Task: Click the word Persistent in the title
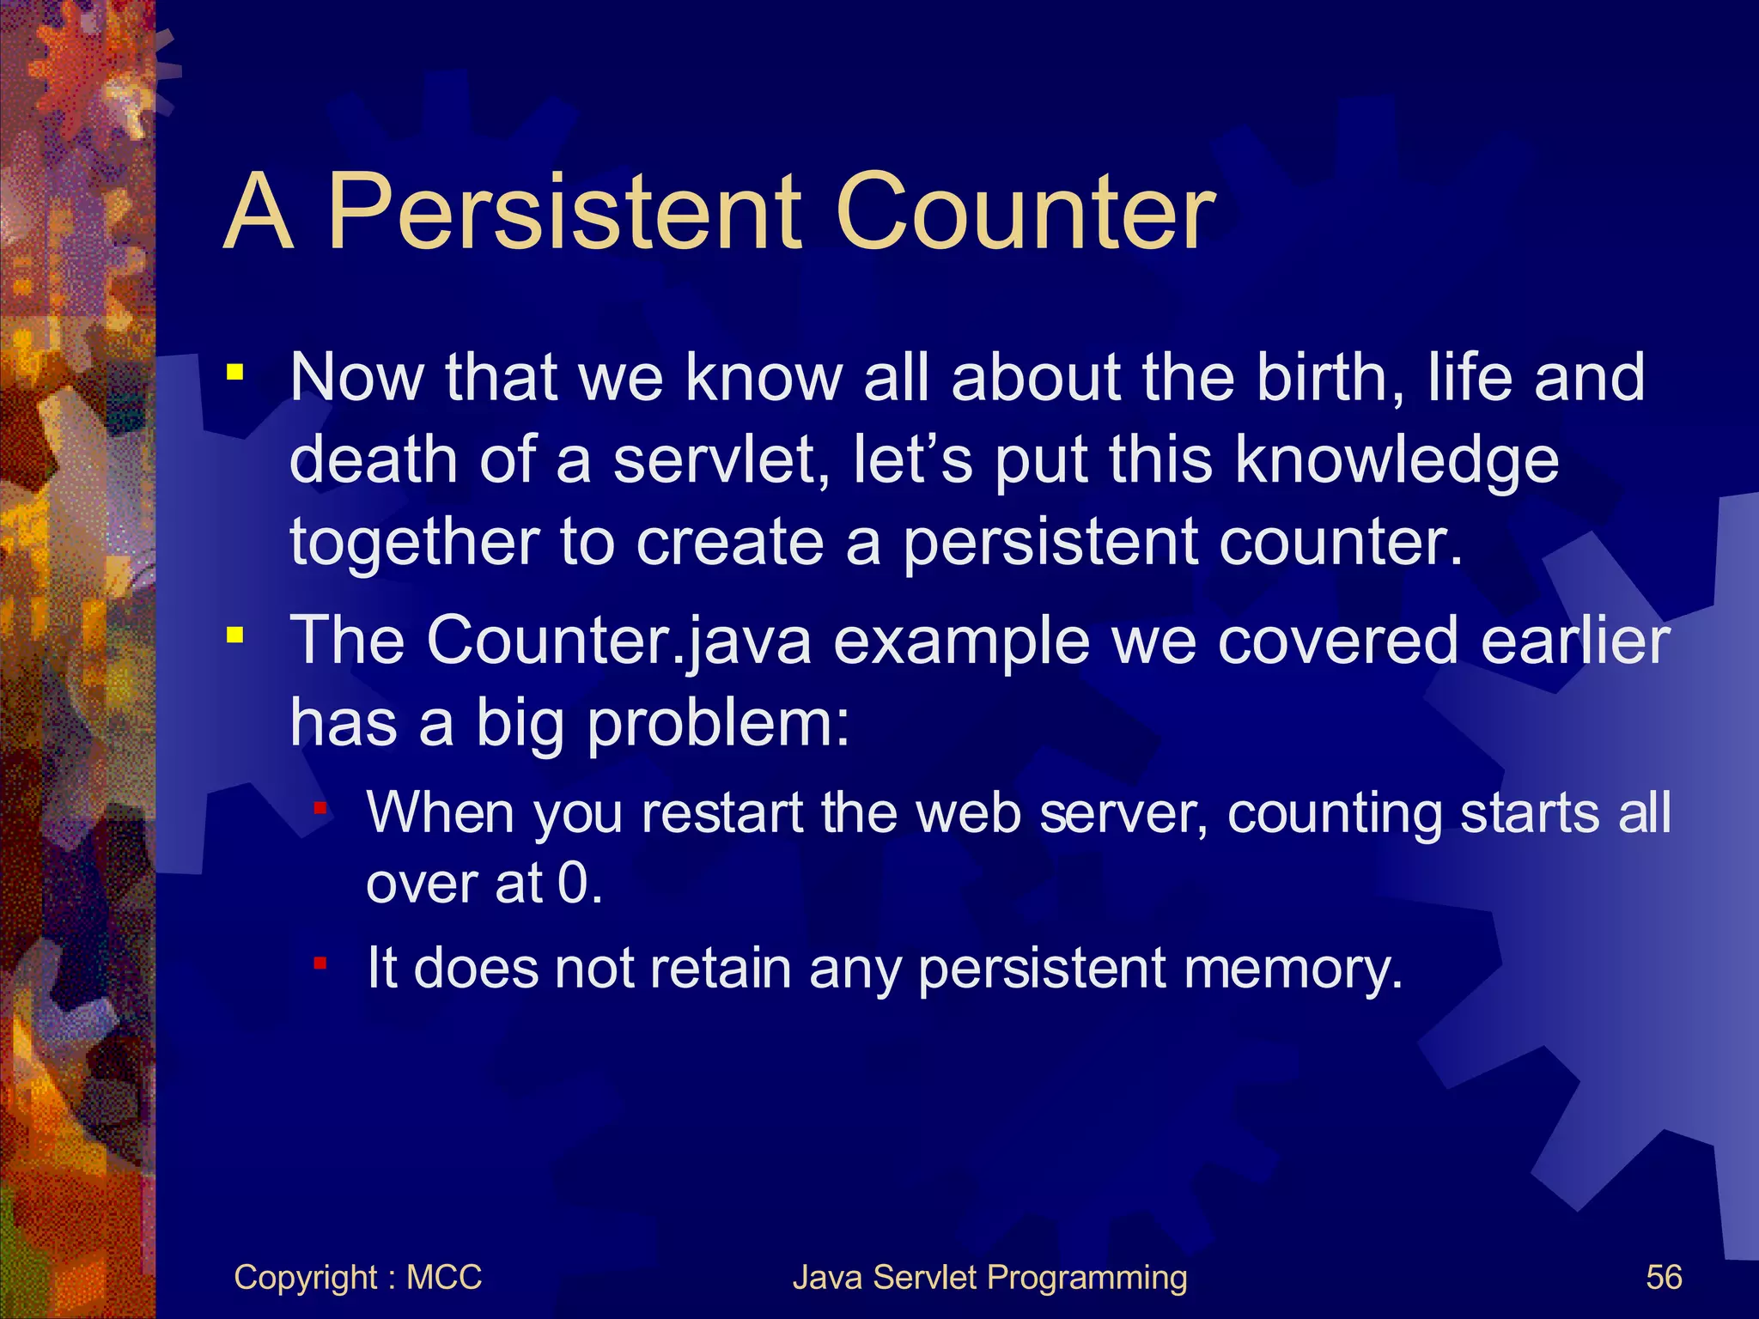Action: click(563, 212)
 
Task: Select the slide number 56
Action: click(1663, 1278)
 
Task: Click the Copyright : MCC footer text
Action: click(357, 1278)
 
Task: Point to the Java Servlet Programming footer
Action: click(989, 1278)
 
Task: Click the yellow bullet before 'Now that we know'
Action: click(234, 374)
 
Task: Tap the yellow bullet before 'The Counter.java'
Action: click(234, 636)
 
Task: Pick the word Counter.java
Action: click(618, 640)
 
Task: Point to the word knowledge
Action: click(1397, 459)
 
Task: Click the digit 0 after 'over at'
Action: click(573, 883)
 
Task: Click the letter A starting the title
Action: click(259, 212)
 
